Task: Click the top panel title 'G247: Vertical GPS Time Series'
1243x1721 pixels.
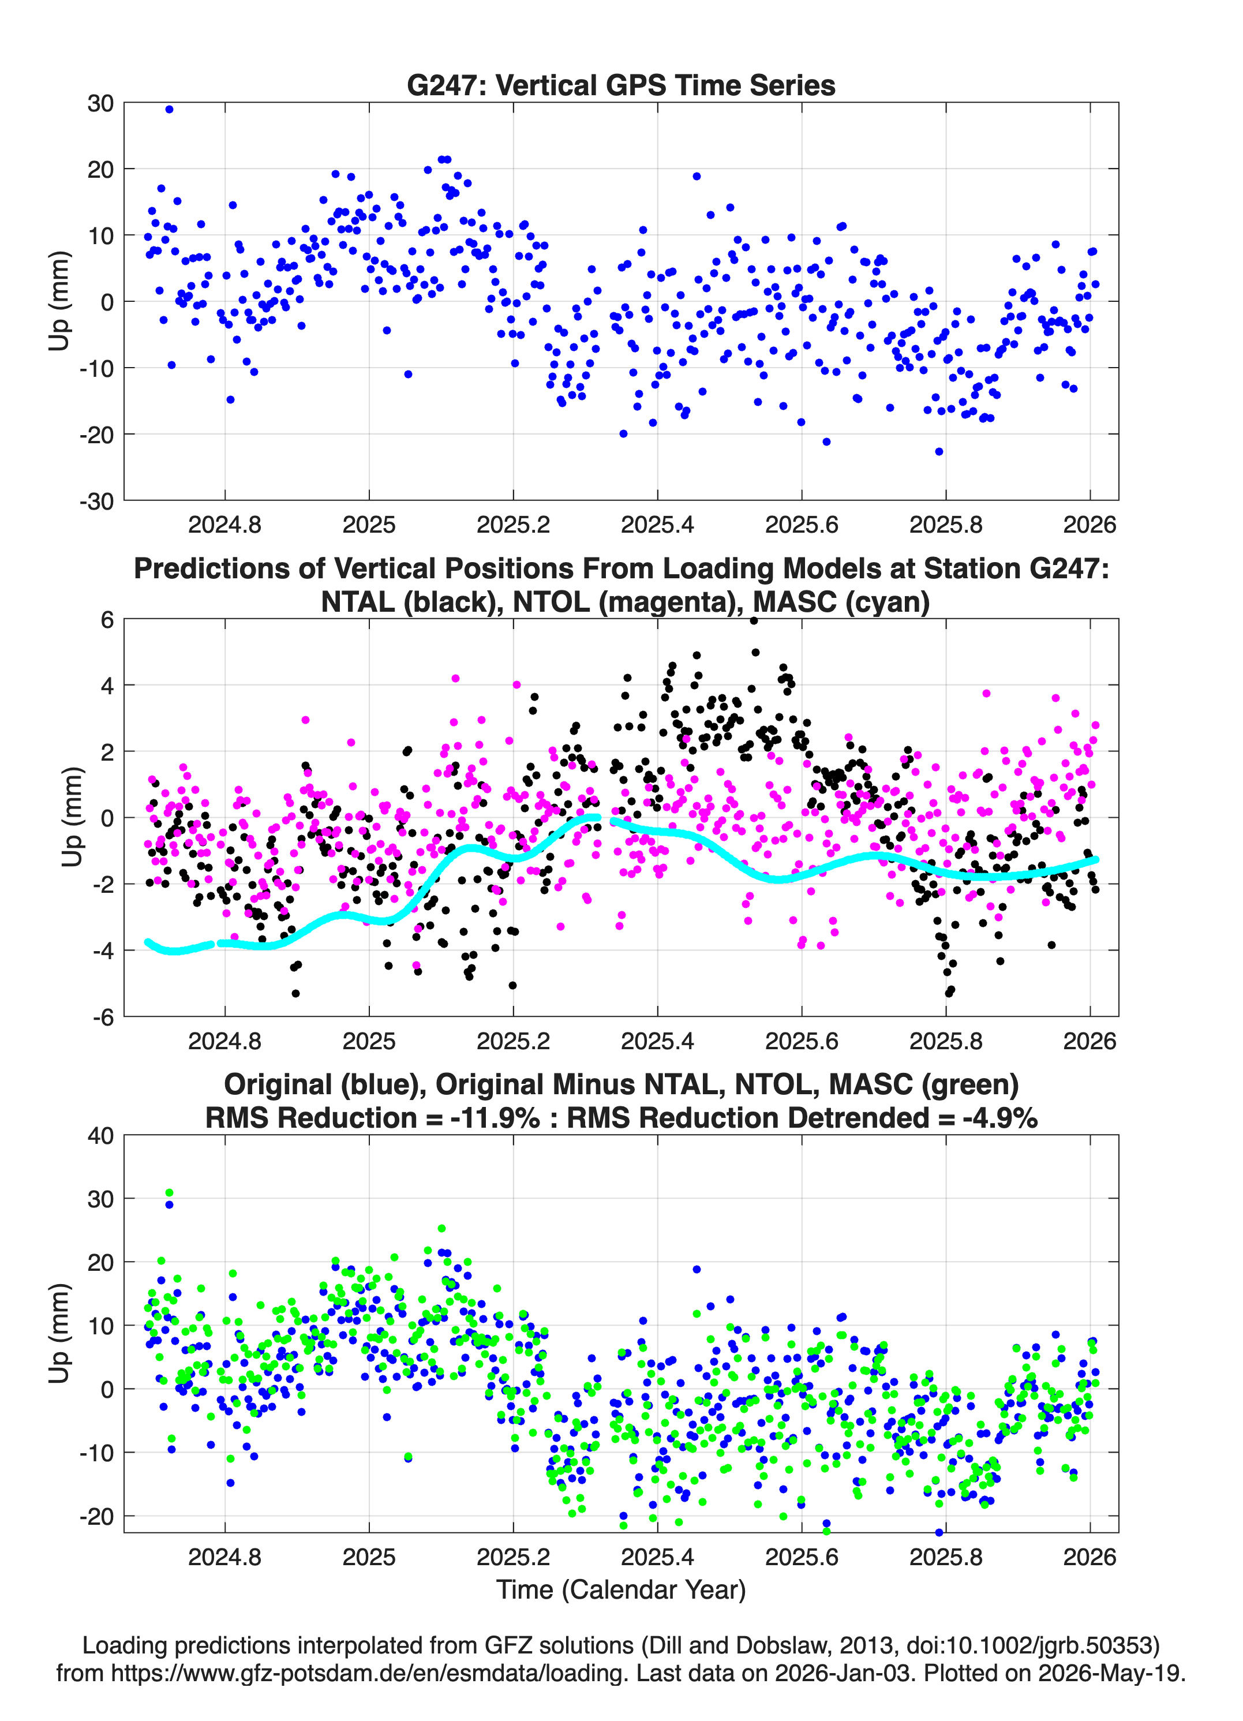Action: coord(621,85)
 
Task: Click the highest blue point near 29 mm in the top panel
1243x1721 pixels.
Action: coord(169,109)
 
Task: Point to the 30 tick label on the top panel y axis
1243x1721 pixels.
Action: coord(100,103)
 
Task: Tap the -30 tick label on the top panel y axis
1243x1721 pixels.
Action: coord(96,501)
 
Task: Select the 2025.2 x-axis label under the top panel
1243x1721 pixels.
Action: coord(513,525)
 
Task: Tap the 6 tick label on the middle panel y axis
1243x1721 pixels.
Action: coord(107,620)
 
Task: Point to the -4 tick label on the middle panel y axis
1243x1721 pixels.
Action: coord(103,951)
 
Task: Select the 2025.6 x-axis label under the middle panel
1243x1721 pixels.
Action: coord(802,1041)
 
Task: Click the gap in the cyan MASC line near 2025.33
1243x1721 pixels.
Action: coord(605,819)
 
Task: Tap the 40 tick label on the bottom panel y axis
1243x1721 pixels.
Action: coord(100,1136)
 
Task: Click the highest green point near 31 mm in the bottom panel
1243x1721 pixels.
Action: coord(169,1193)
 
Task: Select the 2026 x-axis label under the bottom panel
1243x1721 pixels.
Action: coord(1090,1557)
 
